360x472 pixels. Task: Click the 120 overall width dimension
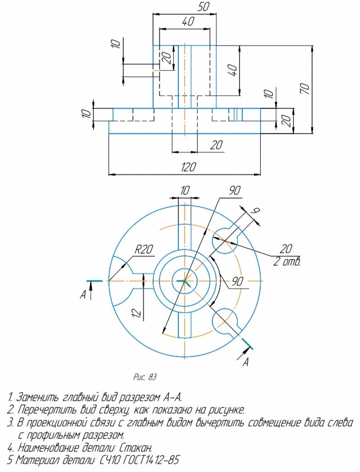[189, 167]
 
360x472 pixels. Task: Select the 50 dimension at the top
[203, 7]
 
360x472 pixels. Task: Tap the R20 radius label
[144, 250]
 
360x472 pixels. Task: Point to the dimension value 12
[137, 313]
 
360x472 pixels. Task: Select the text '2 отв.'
[287, 262]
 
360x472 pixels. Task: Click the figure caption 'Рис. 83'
[145, 377]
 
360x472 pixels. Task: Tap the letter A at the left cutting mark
[83, 295]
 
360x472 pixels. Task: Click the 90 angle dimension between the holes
[238, 281]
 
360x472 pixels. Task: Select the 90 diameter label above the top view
[234, 191]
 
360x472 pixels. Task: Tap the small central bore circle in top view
[184, 281]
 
